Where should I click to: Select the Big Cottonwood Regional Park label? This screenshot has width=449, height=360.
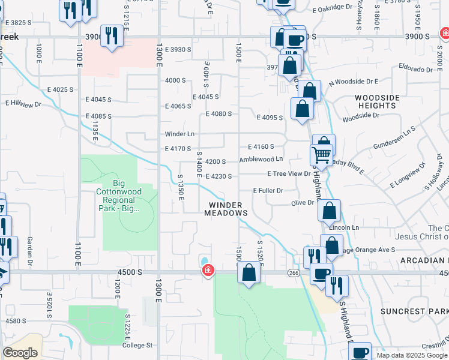click(122, 196)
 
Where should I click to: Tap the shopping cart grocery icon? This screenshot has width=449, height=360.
click(321, 155)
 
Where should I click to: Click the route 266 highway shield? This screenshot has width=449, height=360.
click(293, 273)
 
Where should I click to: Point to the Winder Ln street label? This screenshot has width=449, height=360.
click(180, 134)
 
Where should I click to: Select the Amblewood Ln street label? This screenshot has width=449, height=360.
click(261, 160)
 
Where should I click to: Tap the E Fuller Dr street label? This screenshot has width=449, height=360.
click(268, 190)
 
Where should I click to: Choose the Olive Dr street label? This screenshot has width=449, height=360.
click(303, 203)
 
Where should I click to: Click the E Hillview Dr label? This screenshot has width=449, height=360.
click(23, 103)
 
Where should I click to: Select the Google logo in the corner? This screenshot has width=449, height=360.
click(20, 352)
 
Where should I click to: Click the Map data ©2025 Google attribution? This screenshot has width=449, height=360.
click(411, 355)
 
